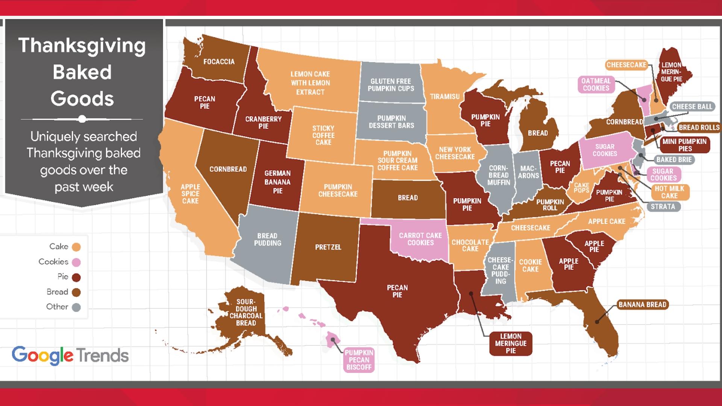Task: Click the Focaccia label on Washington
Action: tap(219, 62)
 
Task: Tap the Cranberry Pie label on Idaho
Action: tap(263, 123)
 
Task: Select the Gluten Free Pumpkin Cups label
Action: tap(391, 85)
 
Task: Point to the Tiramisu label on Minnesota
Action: tap(444, 97)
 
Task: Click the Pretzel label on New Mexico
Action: tap(328, 247)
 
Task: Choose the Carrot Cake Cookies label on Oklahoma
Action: tap(420, 239)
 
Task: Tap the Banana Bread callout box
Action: tap(642, 304)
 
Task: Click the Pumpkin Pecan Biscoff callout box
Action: tap(359, 360)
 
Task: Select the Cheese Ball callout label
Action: tap(692, 107)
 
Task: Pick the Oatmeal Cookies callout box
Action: tap(596, 85)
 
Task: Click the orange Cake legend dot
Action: tap(76, 247)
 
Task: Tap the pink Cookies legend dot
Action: tap(76, 262)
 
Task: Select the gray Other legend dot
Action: tap(76, 307)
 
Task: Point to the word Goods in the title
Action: tap(82, 99)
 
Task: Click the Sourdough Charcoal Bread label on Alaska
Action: tap(246, 312)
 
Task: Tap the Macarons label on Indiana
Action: tap(528, 172)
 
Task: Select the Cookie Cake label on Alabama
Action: tap(530, 265)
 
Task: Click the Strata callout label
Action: tap(663, 206)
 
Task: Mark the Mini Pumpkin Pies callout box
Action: tap(685, 145)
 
